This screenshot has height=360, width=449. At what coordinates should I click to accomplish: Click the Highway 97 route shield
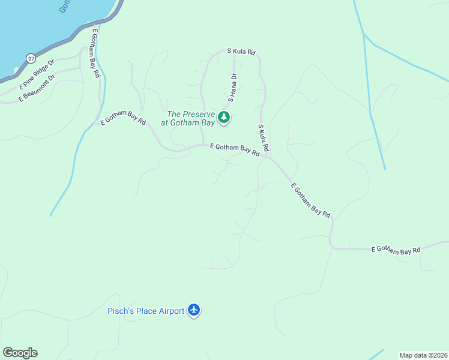click(31, 58)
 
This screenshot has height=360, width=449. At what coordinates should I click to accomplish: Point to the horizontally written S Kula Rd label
click(241, 52)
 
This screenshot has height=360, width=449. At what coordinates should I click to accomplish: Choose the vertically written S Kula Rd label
click(263, 137)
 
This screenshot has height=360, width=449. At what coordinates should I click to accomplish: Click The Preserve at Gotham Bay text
click(190, 118)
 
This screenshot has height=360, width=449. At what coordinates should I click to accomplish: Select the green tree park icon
click(224, 116)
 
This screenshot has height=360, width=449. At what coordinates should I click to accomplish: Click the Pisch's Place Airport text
click(145, 311)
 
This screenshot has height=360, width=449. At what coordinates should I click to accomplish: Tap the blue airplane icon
click(193, 310)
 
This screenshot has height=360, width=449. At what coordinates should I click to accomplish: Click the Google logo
click(20, 353)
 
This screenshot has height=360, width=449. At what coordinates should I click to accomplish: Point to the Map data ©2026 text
click(423, 355)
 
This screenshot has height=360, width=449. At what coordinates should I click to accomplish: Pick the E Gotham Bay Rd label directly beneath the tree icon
click(234, 149)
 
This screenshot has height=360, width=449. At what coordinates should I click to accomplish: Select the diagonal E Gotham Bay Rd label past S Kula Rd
click(310, 200)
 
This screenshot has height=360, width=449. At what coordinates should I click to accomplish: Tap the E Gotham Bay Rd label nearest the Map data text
click(396, 250)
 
